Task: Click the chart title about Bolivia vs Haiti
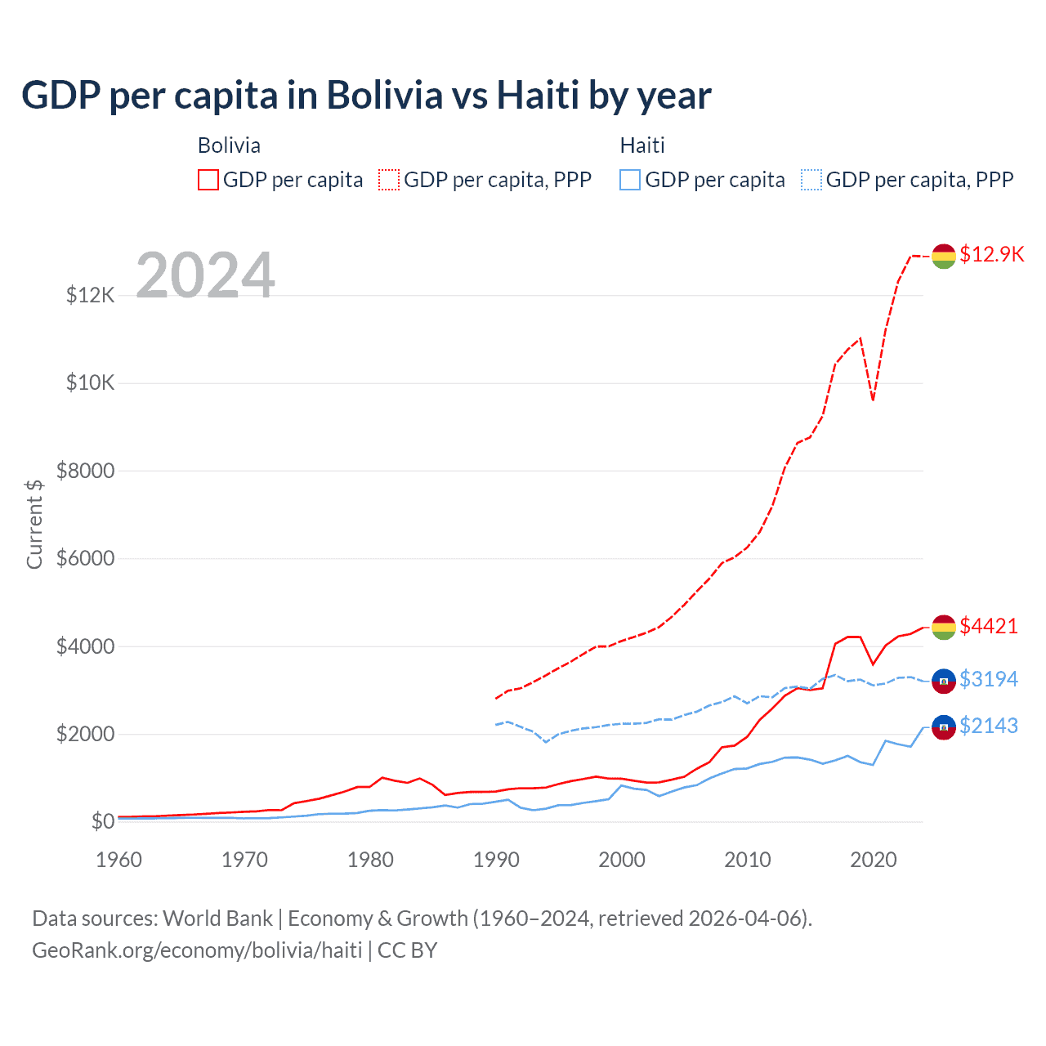click(366, 95)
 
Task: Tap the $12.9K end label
click(991, 254)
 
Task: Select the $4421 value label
click(989, 626)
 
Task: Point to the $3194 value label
click(989, 679)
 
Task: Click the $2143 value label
click(989, 726)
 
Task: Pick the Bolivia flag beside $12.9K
click(944, 256)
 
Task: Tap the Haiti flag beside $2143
click(944, 726)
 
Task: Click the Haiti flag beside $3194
click(944, 681)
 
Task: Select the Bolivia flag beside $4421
click(944, 628)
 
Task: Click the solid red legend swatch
click(208, 180)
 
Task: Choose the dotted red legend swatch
click(389, 180)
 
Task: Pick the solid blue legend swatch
click(630, 180)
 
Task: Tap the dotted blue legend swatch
click(811, 180)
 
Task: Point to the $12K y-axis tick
click(90, 295)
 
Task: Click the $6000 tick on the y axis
click(85, 559)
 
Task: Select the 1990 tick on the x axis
click(496, 860)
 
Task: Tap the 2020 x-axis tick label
click(874, 860)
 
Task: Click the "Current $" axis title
click(34, 524)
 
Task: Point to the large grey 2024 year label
click(205, 275)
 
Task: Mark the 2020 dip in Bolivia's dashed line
click(873, 400)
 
